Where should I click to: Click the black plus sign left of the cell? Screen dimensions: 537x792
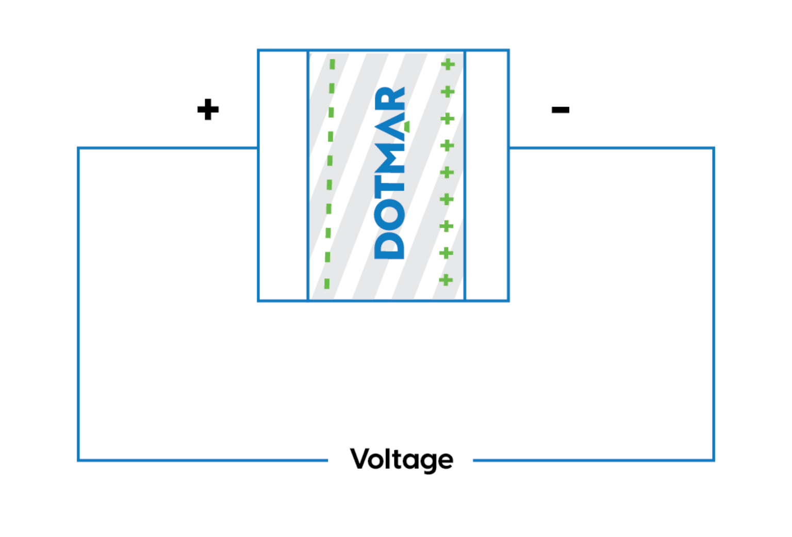click(x=208, y=109)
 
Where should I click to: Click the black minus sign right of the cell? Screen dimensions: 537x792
click(x=560, y=109)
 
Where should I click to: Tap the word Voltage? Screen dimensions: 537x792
click(x=401, y=459)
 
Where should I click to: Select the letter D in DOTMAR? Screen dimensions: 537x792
click(x=389, y=246)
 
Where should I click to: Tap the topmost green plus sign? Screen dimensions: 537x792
click(x=448, y=65)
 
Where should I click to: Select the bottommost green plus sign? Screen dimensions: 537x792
click(x=445, y=280)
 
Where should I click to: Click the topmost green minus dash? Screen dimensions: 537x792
click(x=333, y=64)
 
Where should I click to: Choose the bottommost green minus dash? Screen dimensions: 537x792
click(x=327, y=283)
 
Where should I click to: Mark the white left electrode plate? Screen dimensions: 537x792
click(x=283, y=176)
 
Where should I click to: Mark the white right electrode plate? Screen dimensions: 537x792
click(x=487, y=176)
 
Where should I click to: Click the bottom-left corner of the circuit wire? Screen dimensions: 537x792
click(x=78, y=460)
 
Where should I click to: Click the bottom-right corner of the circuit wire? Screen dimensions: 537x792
click(x=714, y=460)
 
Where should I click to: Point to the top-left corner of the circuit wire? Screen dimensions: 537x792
click(x=78, y=148)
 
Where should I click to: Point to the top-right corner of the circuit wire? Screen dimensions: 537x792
click(x=714, y=148)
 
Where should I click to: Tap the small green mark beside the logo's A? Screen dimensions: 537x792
click(x=407, y=127)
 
